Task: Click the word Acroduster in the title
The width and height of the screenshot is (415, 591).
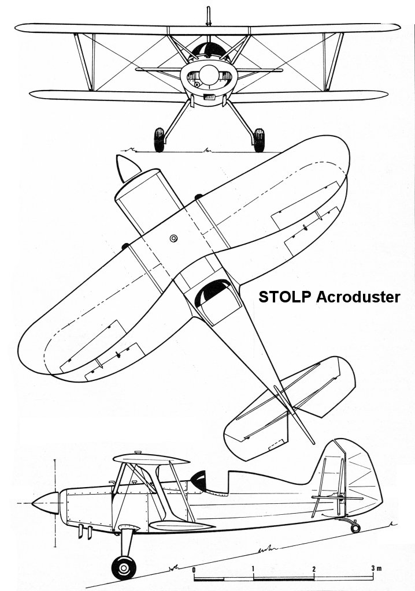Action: [x=358, y=297]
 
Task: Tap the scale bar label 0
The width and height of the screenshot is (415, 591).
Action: [x=194, y=569]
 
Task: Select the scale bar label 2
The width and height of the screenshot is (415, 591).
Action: [x=313, y=569]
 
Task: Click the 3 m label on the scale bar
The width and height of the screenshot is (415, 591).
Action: [x=376, y=568]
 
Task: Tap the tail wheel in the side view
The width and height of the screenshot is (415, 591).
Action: [x=355, y=528]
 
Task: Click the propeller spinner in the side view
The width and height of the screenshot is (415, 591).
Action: [x=46, y=503]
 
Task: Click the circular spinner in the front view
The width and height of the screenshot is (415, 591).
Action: [x=208, y=74]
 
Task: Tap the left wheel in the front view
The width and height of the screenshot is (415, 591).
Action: [x=160, y=140]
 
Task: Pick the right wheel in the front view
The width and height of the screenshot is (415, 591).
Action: [x=259, y=140]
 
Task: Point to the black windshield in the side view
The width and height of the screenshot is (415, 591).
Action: [x=198, y=478]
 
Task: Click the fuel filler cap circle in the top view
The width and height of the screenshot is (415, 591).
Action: [x=174, y=238]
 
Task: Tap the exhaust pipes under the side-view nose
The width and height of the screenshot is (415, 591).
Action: [x=85, y=532]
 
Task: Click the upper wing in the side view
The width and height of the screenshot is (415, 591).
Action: [x=151, y=459]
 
